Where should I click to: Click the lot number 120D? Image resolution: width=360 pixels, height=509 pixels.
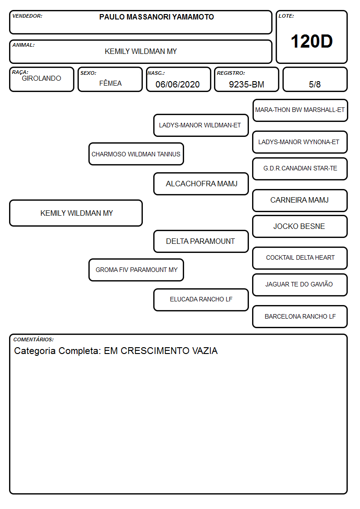[311, 41]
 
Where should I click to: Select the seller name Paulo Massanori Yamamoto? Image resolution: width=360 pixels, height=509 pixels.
[156, 17]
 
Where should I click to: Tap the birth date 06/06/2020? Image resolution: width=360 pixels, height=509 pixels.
[178, 84]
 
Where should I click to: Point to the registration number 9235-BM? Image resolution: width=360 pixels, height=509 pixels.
[246, 84]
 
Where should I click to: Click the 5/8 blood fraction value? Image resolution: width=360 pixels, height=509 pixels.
[315, 84]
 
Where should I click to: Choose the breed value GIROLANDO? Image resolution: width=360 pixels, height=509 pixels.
[41, 78]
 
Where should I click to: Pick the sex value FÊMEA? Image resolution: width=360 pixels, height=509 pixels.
[110, 83]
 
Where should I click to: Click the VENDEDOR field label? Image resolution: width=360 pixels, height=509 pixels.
[27, 16]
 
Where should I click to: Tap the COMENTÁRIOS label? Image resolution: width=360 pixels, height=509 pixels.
[34, 339]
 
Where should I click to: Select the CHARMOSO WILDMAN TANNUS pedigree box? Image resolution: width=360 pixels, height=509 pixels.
[136, 154]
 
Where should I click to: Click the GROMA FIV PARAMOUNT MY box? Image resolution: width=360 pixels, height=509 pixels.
[136, 270]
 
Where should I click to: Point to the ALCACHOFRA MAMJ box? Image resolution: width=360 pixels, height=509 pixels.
[201, 184]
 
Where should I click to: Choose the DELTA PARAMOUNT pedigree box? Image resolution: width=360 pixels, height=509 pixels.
[201, 241]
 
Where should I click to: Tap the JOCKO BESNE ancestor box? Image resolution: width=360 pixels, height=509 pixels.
[300, 226]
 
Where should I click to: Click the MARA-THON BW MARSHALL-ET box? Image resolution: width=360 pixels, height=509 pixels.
[300, 110]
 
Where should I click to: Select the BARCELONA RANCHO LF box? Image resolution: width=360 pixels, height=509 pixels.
[300, 316]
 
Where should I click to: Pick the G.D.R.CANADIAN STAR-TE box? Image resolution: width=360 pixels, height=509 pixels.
[300, 169]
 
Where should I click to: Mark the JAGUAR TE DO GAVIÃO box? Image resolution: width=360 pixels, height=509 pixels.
[300, 285]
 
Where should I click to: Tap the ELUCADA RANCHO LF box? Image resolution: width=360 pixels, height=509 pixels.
[201, 300]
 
